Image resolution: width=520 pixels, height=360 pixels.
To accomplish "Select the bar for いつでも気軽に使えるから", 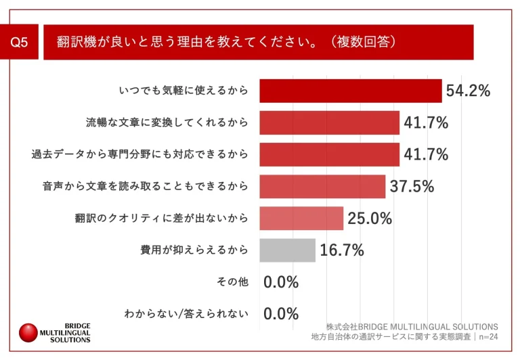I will (350, 91).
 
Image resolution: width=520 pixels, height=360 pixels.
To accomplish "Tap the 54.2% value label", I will (467, 91).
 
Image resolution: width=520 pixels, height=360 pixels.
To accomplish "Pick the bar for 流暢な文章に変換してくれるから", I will (329, 122).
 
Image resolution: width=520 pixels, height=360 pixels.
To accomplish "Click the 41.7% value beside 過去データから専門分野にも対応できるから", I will (426, 154).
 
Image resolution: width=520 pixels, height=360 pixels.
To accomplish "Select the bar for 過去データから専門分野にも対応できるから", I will (329, 154).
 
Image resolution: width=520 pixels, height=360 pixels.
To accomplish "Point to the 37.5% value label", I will (412, 186).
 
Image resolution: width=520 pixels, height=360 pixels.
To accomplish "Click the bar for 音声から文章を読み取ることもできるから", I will (322, 186).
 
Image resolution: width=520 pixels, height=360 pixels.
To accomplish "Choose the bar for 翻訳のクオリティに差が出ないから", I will (301, 218).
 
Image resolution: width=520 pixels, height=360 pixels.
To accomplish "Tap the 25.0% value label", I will (370, 218).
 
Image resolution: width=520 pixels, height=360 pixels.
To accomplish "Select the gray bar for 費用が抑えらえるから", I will (287, 250).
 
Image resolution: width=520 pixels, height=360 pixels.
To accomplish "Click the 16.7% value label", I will (342, 250).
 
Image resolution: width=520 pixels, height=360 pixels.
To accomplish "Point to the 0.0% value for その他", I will (280, 282).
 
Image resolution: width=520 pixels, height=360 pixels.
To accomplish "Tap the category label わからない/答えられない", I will (186, 314).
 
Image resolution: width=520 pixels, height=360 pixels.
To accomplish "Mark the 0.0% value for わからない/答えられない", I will (280, 314).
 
